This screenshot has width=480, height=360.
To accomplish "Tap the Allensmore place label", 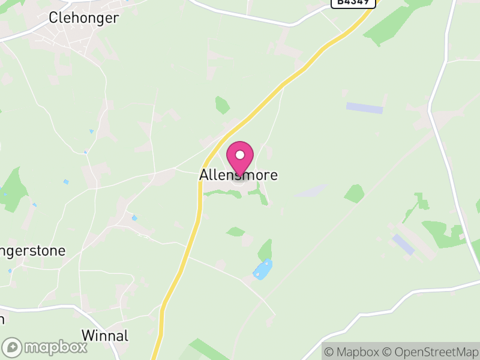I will coord(238,175).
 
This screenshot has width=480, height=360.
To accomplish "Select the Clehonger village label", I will coord(83,18).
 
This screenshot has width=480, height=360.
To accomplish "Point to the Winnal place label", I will coord(104,335).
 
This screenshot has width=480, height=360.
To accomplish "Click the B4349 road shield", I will coord(353,2).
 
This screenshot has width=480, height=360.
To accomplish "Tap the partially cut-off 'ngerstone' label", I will coord(32,250).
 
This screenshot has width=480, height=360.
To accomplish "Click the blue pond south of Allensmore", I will coord(262,269).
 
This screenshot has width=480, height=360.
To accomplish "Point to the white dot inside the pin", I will coord(240,155).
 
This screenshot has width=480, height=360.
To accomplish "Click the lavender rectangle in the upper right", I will coord(364,108).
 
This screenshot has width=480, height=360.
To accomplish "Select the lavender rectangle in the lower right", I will coord(403,244).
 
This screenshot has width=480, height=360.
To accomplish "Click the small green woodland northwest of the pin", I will coord(222,105).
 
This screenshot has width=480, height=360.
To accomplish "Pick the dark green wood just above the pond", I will coord(265,249).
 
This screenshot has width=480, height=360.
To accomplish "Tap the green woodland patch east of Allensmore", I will coord(354,193).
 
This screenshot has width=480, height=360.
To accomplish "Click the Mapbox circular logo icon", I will coord(12,347).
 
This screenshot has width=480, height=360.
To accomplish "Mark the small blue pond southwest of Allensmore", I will coord(134,218).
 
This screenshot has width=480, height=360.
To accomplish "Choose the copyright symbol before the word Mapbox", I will coord(328,352).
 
